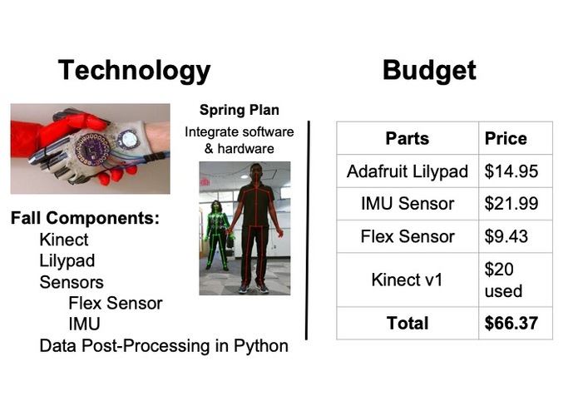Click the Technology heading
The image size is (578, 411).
click(134, 70)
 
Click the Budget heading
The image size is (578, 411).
click(429, 70)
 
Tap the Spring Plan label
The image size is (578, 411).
click(239, 110)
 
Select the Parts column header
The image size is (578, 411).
click(407, 138)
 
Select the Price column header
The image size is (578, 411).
click(506, 138)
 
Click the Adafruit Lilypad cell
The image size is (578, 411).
click(407, 172)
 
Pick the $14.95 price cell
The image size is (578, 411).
click(511, 172)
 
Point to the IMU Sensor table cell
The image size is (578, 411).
click(407, 204)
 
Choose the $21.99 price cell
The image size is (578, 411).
click(511, 204)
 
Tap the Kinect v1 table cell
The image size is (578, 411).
click(407, 280)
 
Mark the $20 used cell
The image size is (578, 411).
click(503, 280)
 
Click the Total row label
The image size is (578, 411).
click(407, 323)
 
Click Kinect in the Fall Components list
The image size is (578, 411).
click(63, 240)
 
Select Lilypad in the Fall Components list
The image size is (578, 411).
click(67, 260)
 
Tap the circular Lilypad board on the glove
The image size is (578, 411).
click(91, 148)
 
